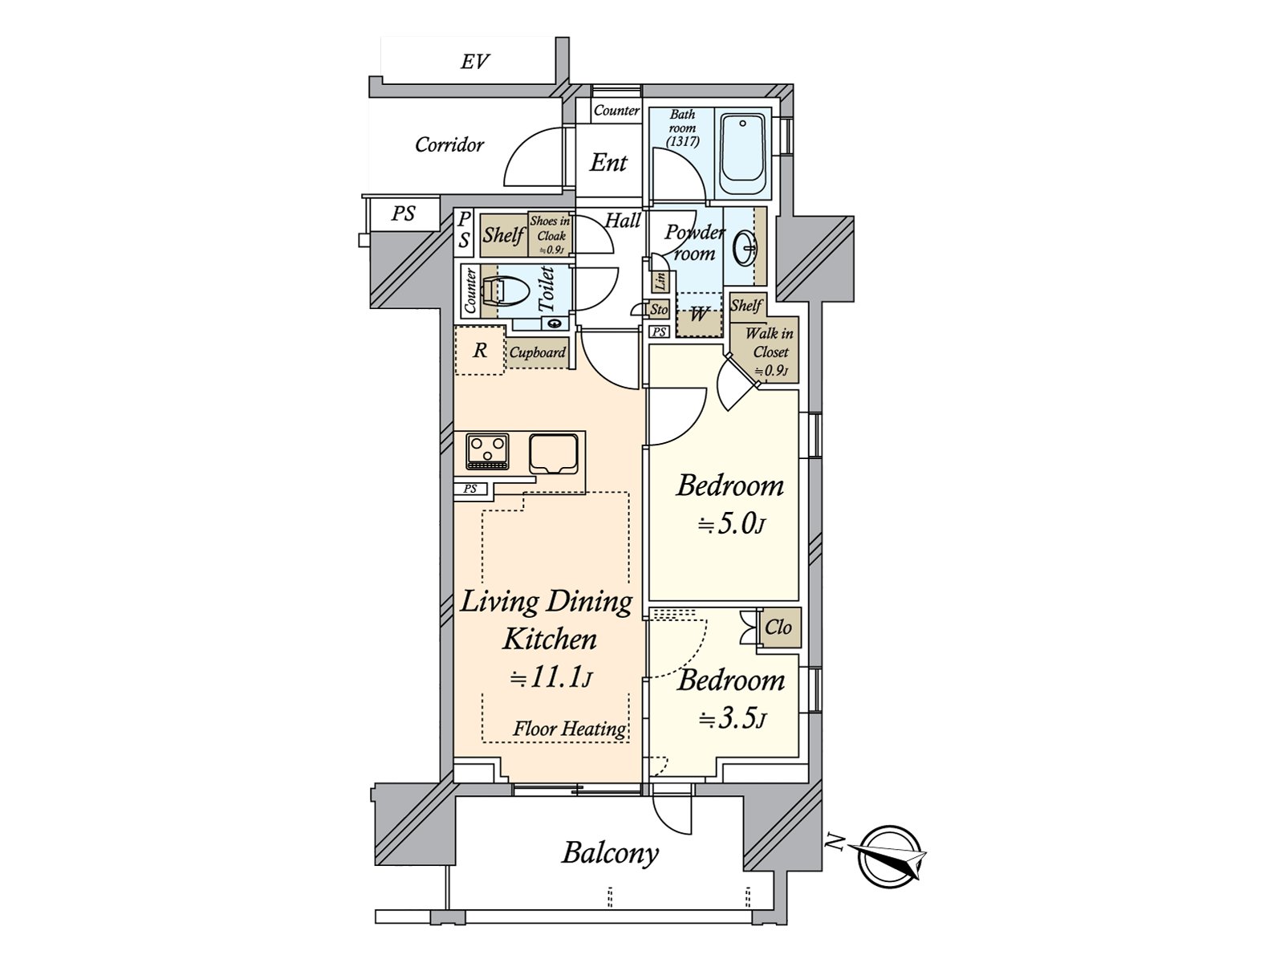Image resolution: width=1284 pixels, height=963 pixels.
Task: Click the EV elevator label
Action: [474, 62]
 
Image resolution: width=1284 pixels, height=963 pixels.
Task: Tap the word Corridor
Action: [449, 144]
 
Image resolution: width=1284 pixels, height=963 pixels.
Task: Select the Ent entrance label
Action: [608, 163]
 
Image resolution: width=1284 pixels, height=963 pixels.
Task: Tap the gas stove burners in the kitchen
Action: [487, 451]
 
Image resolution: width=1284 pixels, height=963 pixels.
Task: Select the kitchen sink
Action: [554, 453]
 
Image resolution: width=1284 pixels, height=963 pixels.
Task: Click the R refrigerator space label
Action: [480, 350]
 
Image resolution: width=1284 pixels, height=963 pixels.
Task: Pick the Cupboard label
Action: [537, 352]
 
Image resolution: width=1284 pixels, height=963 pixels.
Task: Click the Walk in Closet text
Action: [770, 343]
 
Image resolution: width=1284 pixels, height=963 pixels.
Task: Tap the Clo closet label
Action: [778, 628]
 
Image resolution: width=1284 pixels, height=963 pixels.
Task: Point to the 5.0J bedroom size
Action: [732, 524]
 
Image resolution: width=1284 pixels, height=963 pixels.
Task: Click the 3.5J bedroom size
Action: [732, 718]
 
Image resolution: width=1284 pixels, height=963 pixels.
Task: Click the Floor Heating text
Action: [569, 729]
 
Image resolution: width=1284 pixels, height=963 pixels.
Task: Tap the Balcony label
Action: [610, 853]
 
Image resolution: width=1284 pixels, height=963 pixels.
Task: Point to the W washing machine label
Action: [698, 315]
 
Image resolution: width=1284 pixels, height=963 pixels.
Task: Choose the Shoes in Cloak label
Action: [550, 235]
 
